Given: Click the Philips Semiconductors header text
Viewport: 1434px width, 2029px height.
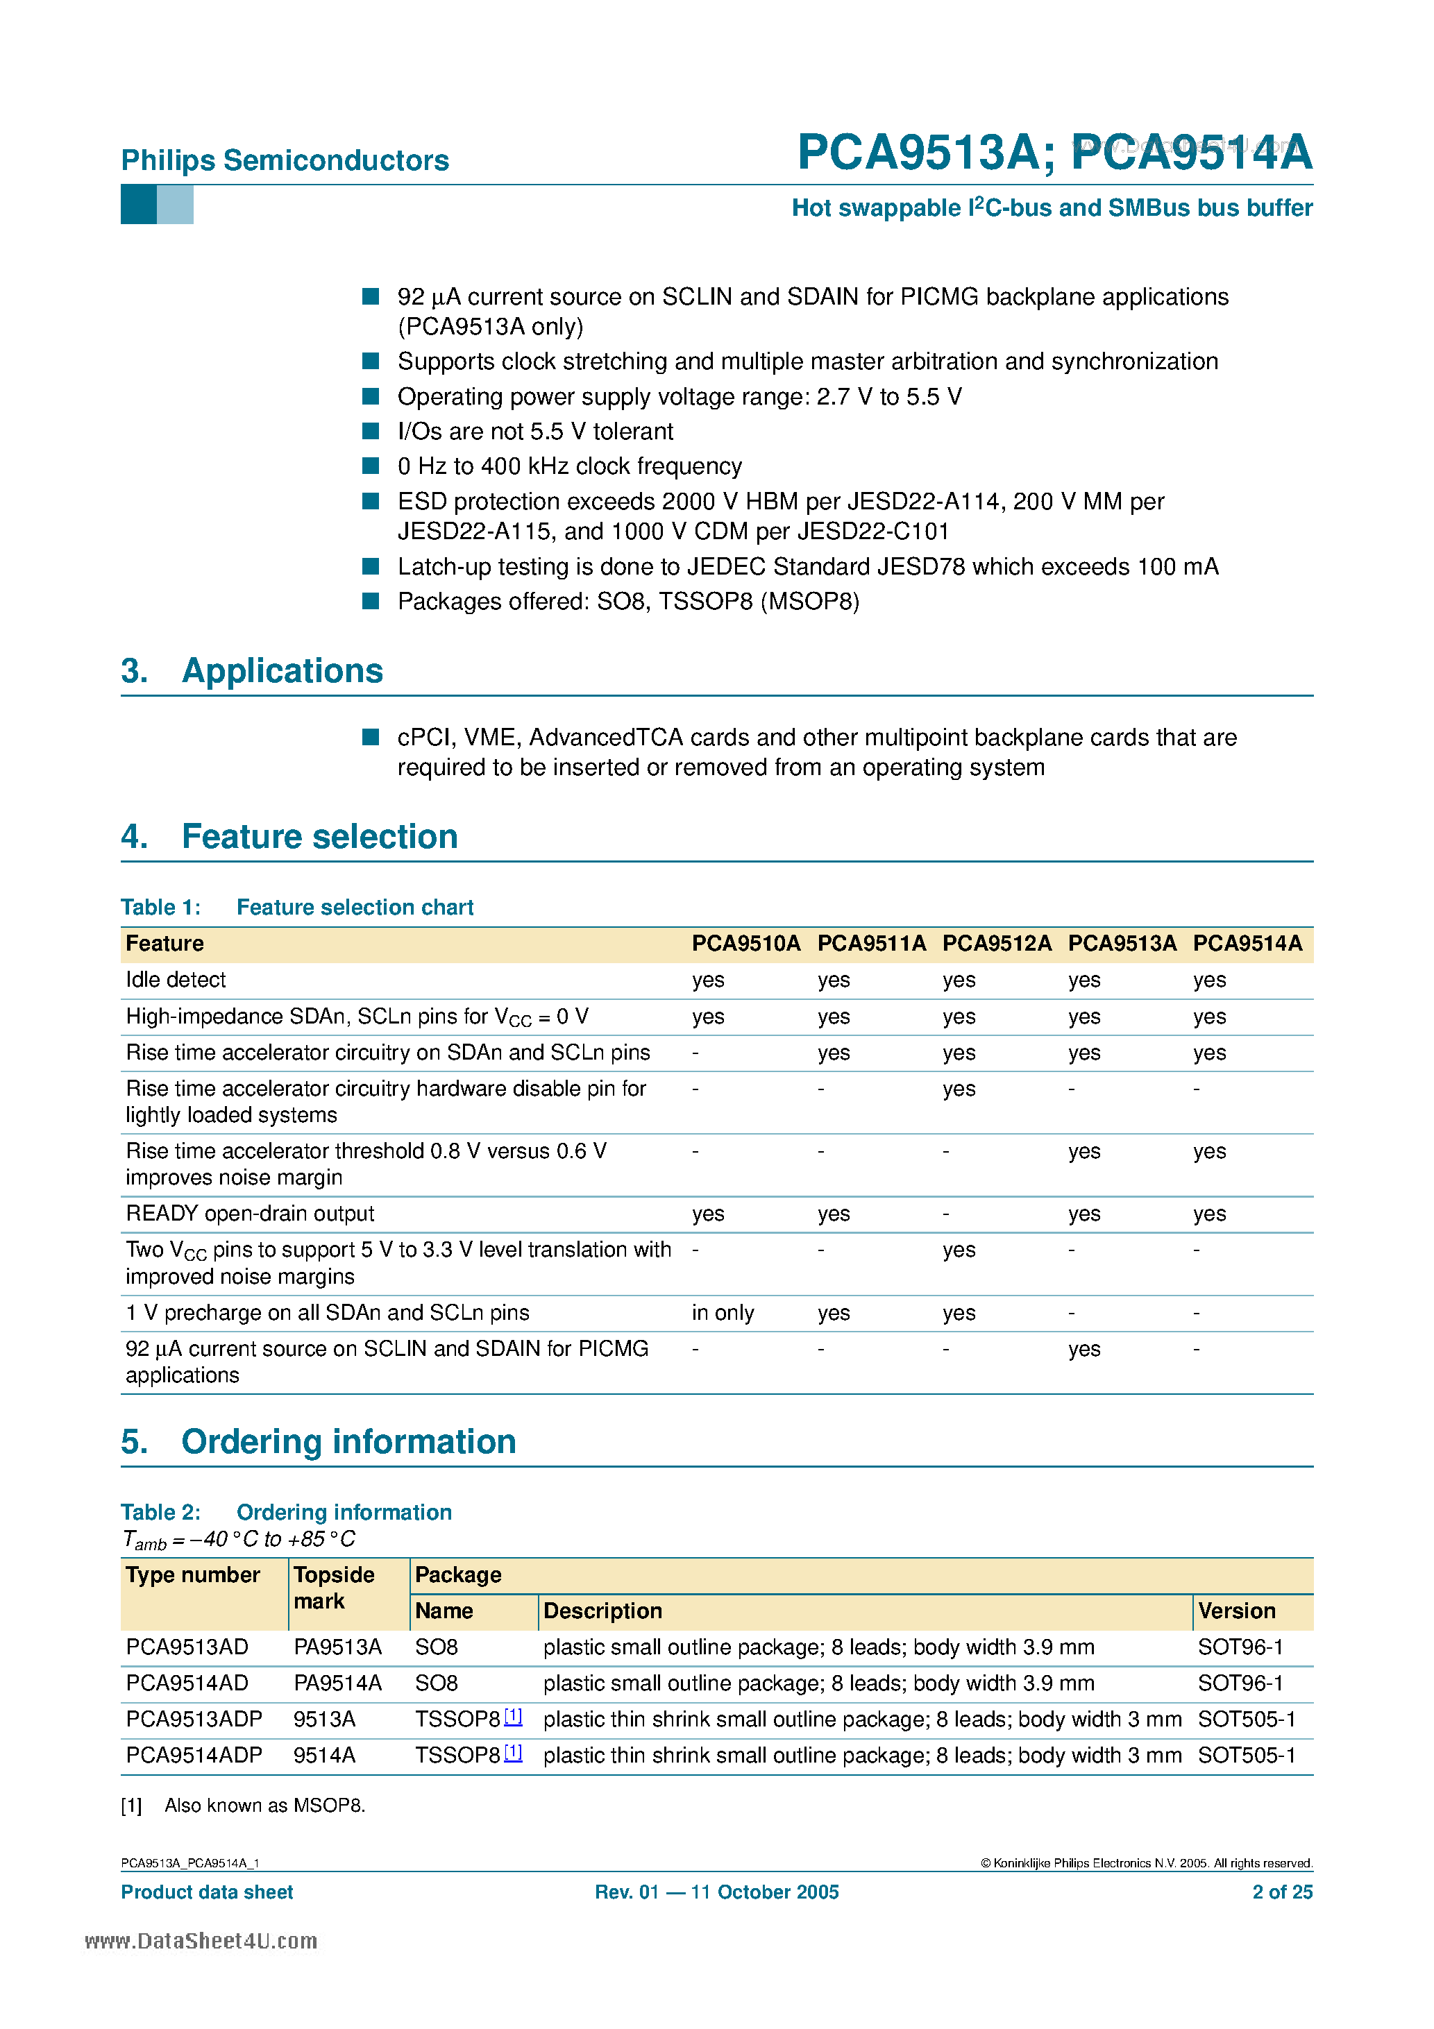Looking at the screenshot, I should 285,160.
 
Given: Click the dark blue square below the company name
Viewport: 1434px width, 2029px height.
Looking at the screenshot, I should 138,205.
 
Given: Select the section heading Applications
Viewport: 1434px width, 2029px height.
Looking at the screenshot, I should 282,671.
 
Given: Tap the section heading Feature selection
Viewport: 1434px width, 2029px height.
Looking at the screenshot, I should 319,836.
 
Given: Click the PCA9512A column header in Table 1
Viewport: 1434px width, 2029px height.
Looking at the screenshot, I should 997,943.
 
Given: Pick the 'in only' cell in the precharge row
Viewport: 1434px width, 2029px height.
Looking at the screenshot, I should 723,1312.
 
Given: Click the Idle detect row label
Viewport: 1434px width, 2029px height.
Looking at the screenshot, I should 176,979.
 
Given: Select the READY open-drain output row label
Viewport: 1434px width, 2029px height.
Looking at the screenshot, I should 250,1214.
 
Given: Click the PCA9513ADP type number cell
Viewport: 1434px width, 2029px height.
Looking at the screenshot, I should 194,1719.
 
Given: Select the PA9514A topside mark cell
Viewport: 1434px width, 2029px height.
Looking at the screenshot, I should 338,1683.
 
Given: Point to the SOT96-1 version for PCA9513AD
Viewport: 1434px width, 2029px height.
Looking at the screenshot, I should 1240,1647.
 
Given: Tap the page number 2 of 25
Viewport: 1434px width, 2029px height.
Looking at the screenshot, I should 1282,1892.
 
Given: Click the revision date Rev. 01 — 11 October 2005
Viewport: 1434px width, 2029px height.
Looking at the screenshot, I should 716,1892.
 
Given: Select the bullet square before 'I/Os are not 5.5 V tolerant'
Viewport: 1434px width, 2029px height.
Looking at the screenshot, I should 371,430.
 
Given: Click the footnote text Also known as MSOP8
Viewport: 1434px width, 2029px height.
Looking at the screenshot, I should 264,1806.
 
